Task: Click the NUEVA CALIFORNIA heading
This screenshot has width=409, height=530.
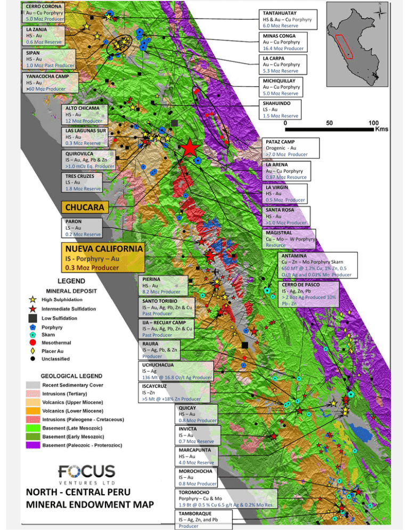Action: click(x=104, y=248)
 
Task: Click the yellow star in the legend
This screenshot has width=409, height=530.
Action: click(x=33, y=300)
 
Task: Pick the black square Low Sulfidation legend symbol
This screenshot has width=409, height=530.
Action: click(x=33, y=318)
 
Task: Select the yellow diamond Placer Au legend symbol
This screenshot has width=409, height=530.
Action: click(x=33, y=351)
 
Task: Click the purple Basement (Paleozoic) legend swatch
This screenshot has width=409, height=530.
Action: click(x=33, y=445)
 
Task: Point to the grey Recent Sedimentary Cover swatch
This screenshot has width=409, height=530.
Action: click(x=33, y=384)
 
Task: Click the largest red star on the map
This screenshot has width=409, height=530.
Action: click(x=190, y=148)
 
